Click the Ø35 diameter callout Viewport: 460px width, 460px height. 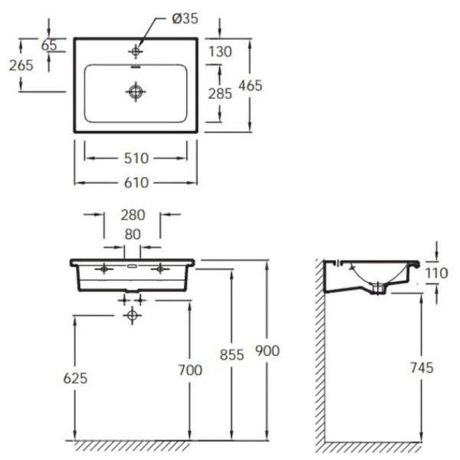185,18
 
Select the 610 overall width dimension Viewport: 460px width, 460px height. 136,182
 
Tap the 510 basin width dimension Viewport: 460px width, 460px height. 136,159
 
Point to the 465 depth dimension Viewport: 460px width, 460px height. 250,86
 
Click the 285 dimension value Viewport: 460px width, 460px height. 220,94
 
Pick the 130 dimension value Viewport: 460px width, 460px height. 220,51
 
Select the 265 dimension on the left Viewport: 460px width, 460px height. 21,65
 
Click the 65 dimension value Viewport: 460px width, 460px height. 49,45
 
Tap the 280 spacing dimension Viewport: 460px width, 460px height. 133,215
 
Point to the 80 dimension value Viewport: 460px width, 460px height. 133,235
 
